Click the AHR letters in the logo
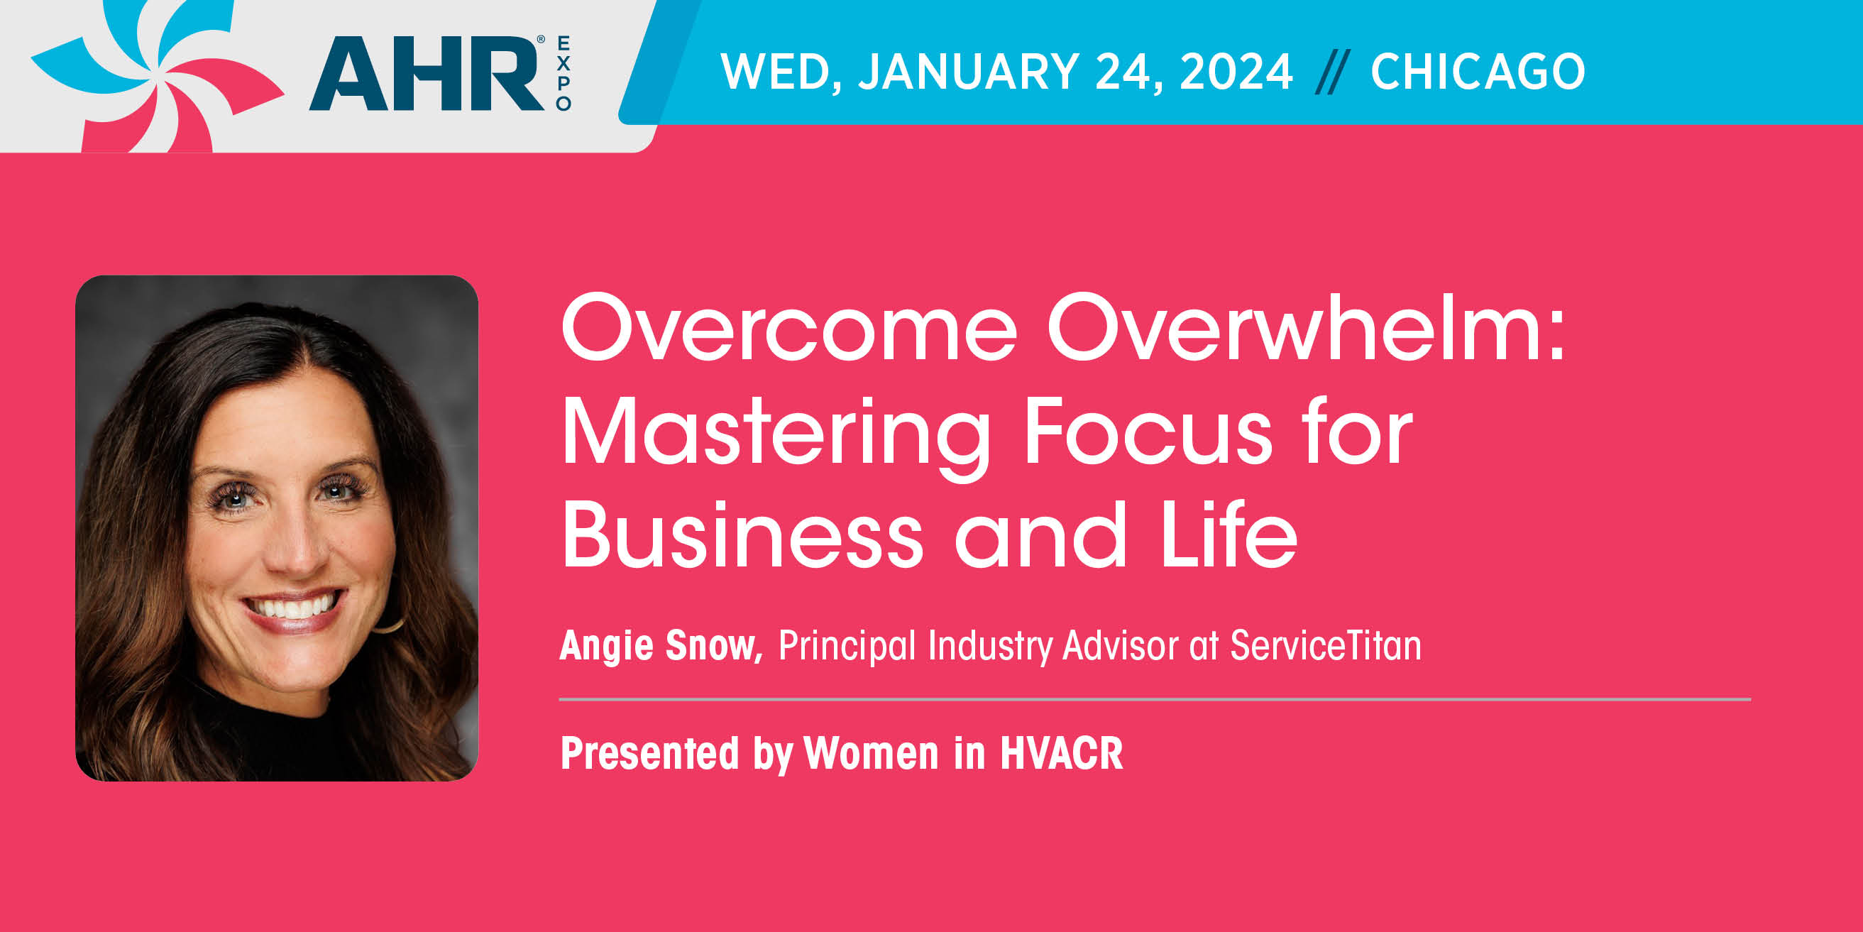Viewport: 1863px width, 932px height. pos(427,73)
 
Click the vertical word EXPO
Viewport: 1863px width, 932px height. pos(564,73)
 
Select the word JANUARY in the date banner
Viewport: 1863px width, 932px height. pos(968,72)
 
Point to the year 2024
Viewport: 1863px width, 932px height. pos(1236,72)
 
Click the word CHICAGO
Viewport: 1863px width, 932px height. pos(1478,72)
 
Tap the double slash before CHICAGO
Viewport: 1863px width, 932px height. pos(1332,72)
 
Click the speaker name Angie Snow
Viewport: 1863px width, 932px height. pos(661,645)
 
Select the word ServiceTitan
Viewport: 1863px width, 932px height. pos(1326,645)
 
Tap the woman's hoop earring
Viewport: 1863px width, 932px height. pos(390,624)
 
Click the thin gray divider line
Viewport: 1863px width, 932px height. pos(1155,700)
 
